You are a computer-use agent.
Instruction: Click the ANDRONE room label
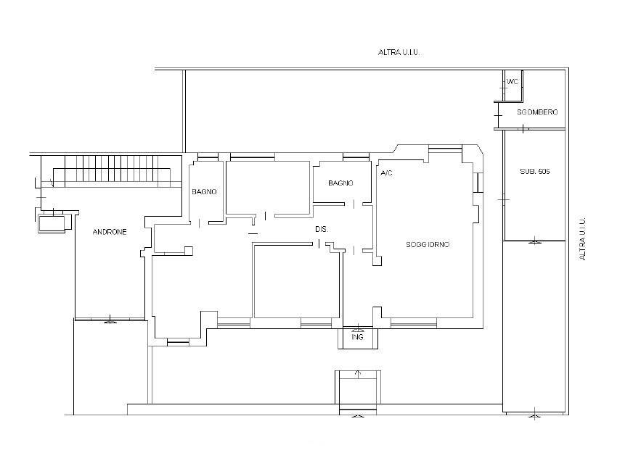pyautogui.click(x=110, y=232)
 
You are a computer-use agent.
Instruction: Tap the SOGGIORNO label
pyautogui.click(x=428, y=244)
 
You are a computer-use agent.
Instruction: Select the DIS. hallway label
pyautogui.click(x=322, y=230)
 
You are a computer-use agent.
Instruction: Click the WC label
pyautogui.click(x=513, y=82)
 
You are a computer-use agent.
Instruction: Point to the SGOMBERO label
pyautogui.click(x=537, y=112)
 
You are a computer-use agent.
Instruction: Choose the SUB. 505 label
pyautogui.click(x=535, y=172)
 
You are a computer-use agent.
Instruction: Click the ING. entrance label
pyautogui.click(x=358, y=337)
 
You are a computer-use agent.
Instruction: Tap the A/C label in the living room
pyautogui.click(x=386, y=173)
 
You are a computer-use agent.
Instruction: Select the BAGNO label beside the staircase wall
pyautogui.click(x=204, y=191)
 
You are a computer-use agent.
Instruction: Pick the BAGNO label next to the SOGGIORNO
pyautogui.click(x=340, y=183)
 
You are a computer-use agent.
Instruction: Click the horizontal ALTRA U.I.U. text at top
pyautogui.click(x=399, y=52)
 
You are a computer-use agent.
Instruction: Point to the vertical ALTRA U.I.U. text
pyautogui.click(x=582, y=238)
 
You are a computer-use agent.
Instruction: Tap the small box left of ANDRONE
pyautogui.click(x=52, y=224)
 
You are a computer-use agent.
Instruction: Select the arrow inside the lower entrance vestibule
pyautogui.click(x=358, y=374)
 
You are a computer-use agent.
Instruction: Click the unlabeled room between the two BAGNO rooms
pyautogui.click(x=268, y=188)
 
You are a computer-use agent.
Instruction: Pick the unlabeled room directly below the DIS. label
pyautogui.click(x=296, y=281)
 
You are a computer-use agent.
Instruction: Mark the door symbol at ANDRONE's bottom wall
pyautogui.click(x=110, y=320)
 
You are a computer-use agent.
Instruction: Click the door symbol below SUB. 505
pyautogui.click(x=535, y=241)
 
